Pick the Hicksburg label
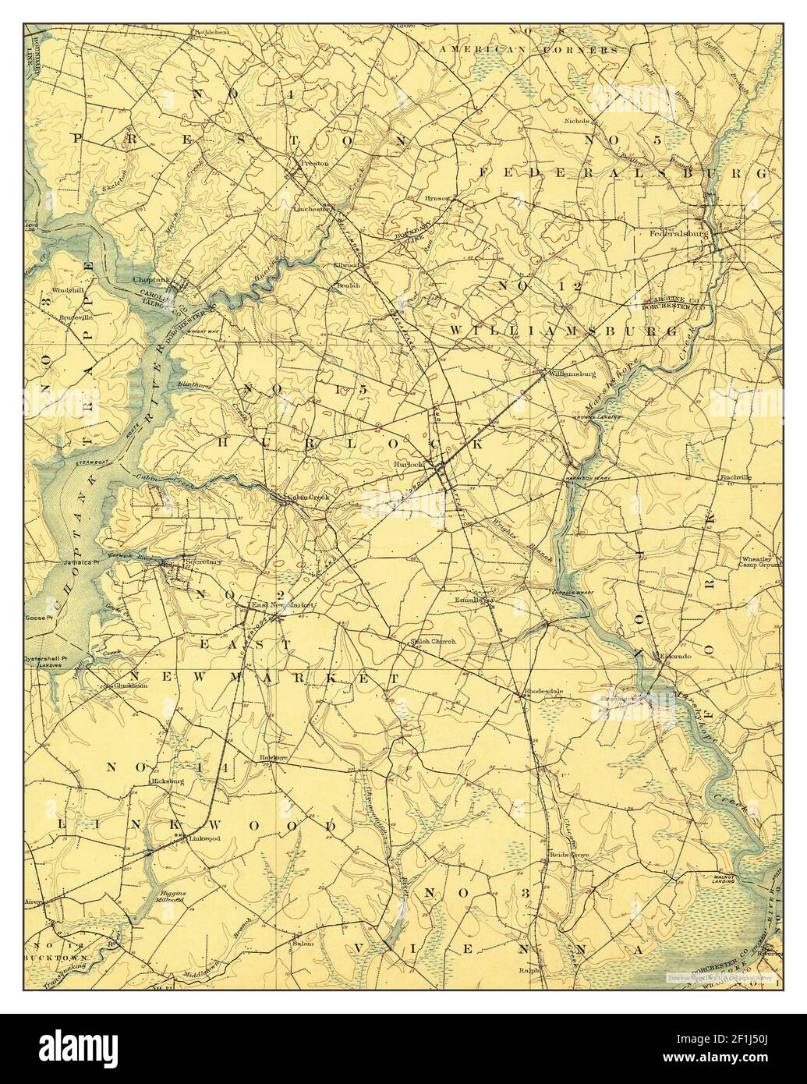[167, 780]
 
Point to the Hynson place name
[437, 198]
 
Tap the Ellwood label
[345, 265]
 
